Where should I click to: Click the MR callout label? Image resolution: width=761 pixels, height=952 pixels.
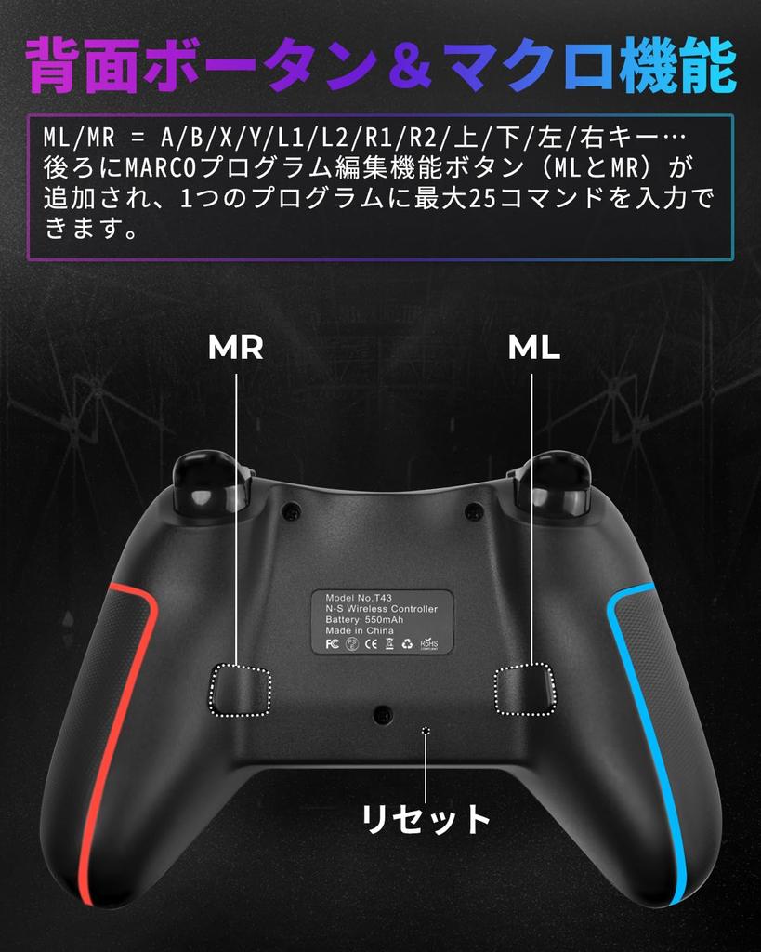click(x=236, y=348)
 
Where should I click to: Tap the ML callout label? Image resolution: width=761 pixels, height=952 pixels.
click(x=533, y=348)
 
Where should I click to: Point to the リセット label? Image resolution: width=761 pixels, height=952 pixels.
click(x=426, y=819)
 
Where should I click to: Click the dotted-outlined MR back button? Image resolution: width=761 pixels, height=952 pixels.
click(x=240, y=691)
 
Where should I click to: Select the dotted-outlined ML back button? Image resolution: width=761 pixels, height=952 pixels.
click(x=526, y=690)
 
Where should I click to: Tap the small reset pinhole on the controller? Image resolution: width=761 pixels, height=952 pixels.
click(x=426, y=730)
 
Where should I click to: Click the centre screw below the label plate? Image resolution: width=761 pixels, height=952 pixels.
click(x=381, y=714)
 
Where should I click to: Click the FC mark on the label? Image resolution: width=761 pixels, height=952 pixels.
click(x=332, y=643)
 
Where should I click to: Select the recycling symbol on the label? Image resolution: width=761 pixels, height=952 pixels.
click(x=407, y=643)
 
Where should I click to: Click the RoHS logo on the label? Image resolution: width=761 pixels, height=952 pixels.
click(x=429, y=643)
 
